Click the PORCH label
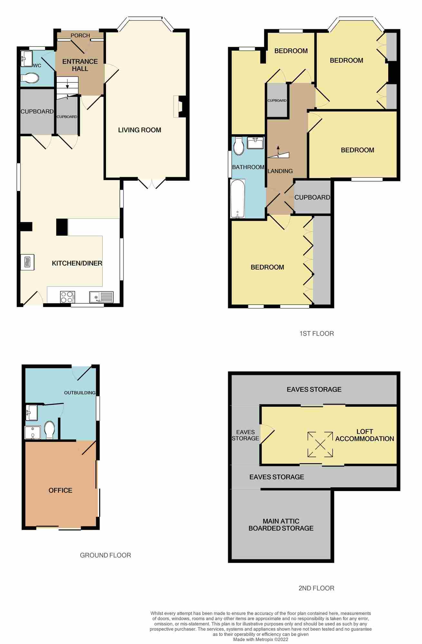point(80,35)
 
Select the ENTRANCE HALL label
point(80,65)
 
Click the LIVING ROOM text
point(139,130)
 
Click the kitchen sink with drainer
point(101,297)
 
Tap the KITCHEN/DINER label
point(77,263)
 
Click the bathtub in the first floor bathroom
point(238,199)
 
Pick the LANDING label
point(280,171)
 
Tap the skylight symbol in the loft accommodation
point(320,445)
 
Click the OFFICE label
point(60,490)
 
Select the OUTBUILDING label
point(80,393)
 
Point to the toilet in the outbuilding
point(49,430)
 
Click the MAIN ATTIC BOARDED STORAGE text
point(281,525)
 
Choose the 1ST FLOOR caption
point(317,334)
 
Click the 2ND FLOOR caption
point(316,588)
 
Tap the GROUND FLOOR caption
point(105,555)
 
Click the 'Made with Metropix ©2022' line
point(261,639)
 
